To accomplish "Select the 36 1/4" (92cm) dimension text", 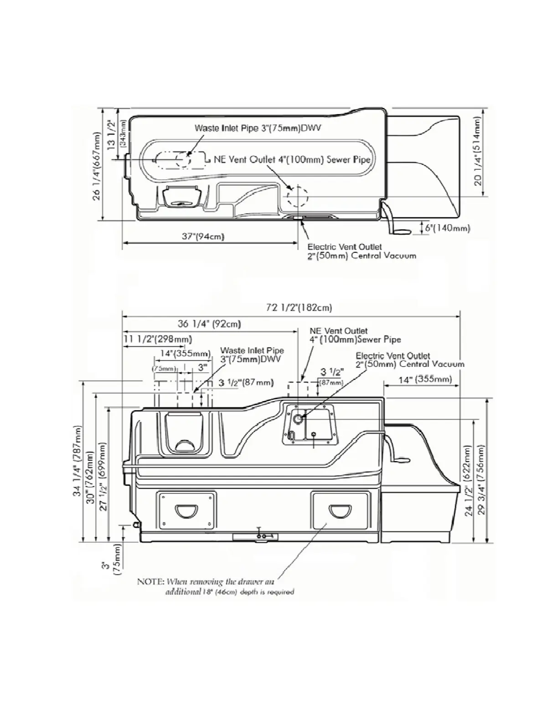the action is [x=209, y=324].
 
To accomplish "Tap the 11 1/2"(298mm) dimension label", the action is [x=158, y=339].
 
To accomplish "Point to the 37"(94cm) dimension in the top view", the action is [x=203, y=236].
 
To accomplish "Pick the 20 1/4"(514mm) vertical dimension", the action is [x=477, y=152].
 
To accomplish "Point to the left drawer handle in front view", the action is [x=186, y=508].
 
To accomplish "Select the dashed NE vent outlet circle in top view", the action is [x=297, y=196].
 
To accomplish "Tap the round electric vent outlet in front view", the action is [x=297, y=418].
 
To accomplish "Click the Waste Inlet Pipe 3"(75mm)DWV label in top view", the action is [x=258, y=128].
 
